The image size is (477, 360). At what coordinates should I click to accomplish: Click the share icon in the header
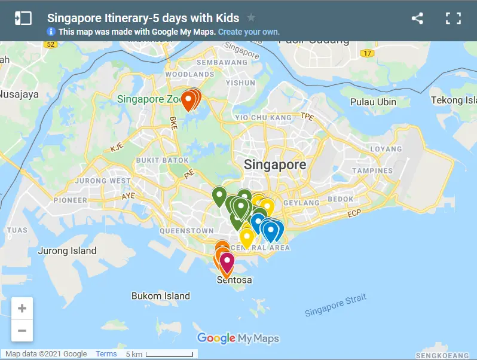tap(417, 18)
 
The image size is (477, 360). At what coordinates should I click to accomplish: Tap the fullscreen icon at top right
tap(453, 18)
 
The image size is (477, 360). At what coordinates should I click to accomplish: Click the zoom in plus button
tap(22, 309)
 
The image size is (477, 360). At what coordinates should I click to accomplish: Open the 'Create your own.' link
tap(249, 32)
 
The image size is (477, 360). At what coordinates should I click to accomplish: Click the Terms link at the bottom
tap(106, 354)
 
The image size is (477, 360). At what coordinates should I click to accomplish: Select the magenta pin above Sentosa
tap(227, 262)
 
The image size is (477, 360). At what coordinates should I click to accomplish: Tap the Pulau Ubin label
tap(373, 102)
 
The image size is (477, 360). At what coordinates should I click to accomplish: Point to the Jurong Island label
tap(67, 251)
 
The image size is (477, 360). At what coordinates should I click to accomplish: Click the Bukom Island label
tap(161, 295)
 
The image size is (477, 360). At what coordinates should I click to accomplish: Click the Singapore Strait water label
tap(335, 306)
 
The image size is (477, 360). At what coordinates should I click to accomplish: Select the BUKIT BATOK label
tap(163, 160)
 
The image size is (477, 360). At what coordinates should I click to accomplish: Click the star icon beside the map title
tap(251, 18)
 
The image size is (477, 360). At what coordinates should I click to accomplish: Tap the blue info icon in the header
tap(51, 32)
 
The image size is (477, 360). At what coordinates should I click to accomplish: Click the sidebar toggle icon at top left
tap(23, 18)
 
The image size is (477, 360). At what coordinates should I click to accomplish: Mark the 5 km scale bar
tap(160, 355)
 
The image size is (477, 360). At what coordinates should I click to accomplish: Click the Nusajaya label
tap(19, 94)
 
